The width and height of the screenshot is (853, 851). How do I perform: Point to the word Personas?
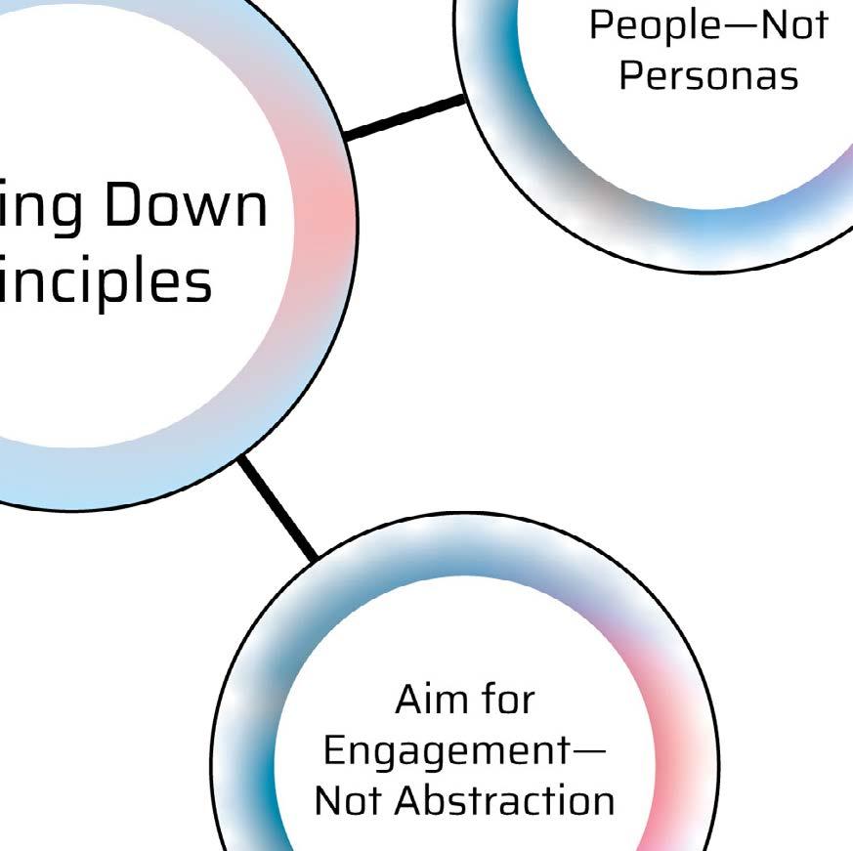pyautogui.click(x=708, y=75)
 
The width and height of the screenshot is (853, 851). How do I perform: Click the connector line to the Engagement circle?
pyautogui.click(x=277, y=508)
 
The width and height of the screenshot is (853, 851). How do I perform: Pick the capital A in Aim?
pyautogui.click(x=410, y=700)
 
